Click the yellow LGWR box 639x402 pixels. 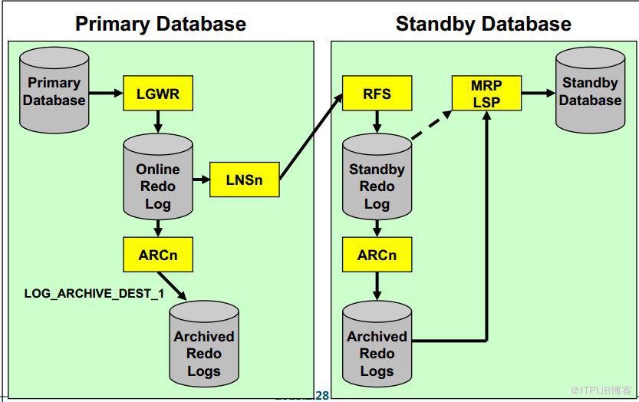[x=157, y=94]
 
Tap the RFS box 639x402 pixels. [x=377, y=94]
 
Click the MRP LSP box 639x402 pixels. [x=486, y=94]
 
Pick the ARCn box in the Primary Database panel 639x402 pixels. [x=157, y=255]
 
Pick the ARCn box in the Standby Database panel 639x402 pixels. [x=377, y=255]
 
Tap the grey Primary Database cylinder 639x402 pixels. [x=54, y=91]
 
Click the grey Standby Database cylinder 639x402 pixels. [x=590, y=91]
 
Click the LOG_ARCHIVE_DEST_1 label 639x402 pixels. [x=94, y=294]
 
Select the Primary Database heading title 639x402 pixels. [x=160, y=24]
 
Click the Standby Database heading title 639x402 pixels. [x=483, y=24]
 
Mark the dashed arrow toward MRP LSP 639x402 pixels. [x=430, y=125]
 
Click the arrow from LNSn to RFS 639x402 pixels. [x=311, y=138]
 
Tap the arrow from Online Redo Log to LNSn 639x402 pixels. [x=200, y=180]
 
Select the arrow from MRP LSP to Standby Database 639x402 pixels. [x=539, y=94]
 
